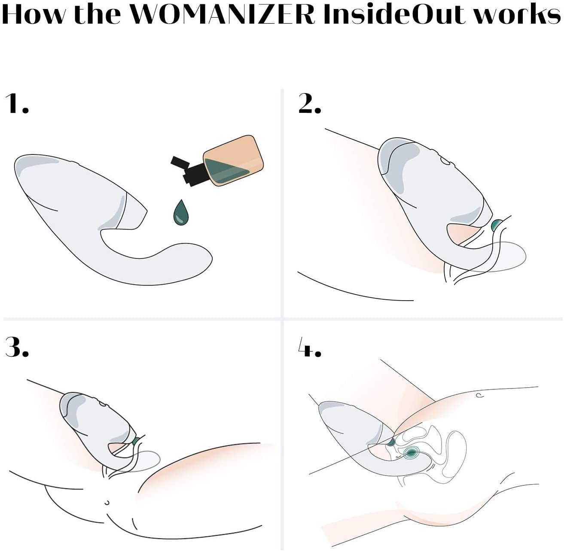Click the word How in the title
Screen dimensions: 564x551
point(33,15)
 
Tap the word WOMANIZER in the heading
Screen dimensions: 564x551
point(223,15)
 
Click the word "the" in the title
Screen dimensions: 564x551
point(97,15)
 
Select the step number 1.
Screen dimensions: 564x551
point(17,104)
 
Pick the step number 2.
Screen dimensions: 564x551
point(310,104)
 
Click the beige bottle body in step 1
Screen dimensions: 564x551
point(234,161)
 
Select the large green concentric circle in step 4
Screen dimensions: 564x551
point(411,453)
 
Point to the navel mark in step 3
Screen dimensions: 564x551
point(107,503)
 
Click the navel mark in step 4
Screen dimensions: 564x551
point(479,395)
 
